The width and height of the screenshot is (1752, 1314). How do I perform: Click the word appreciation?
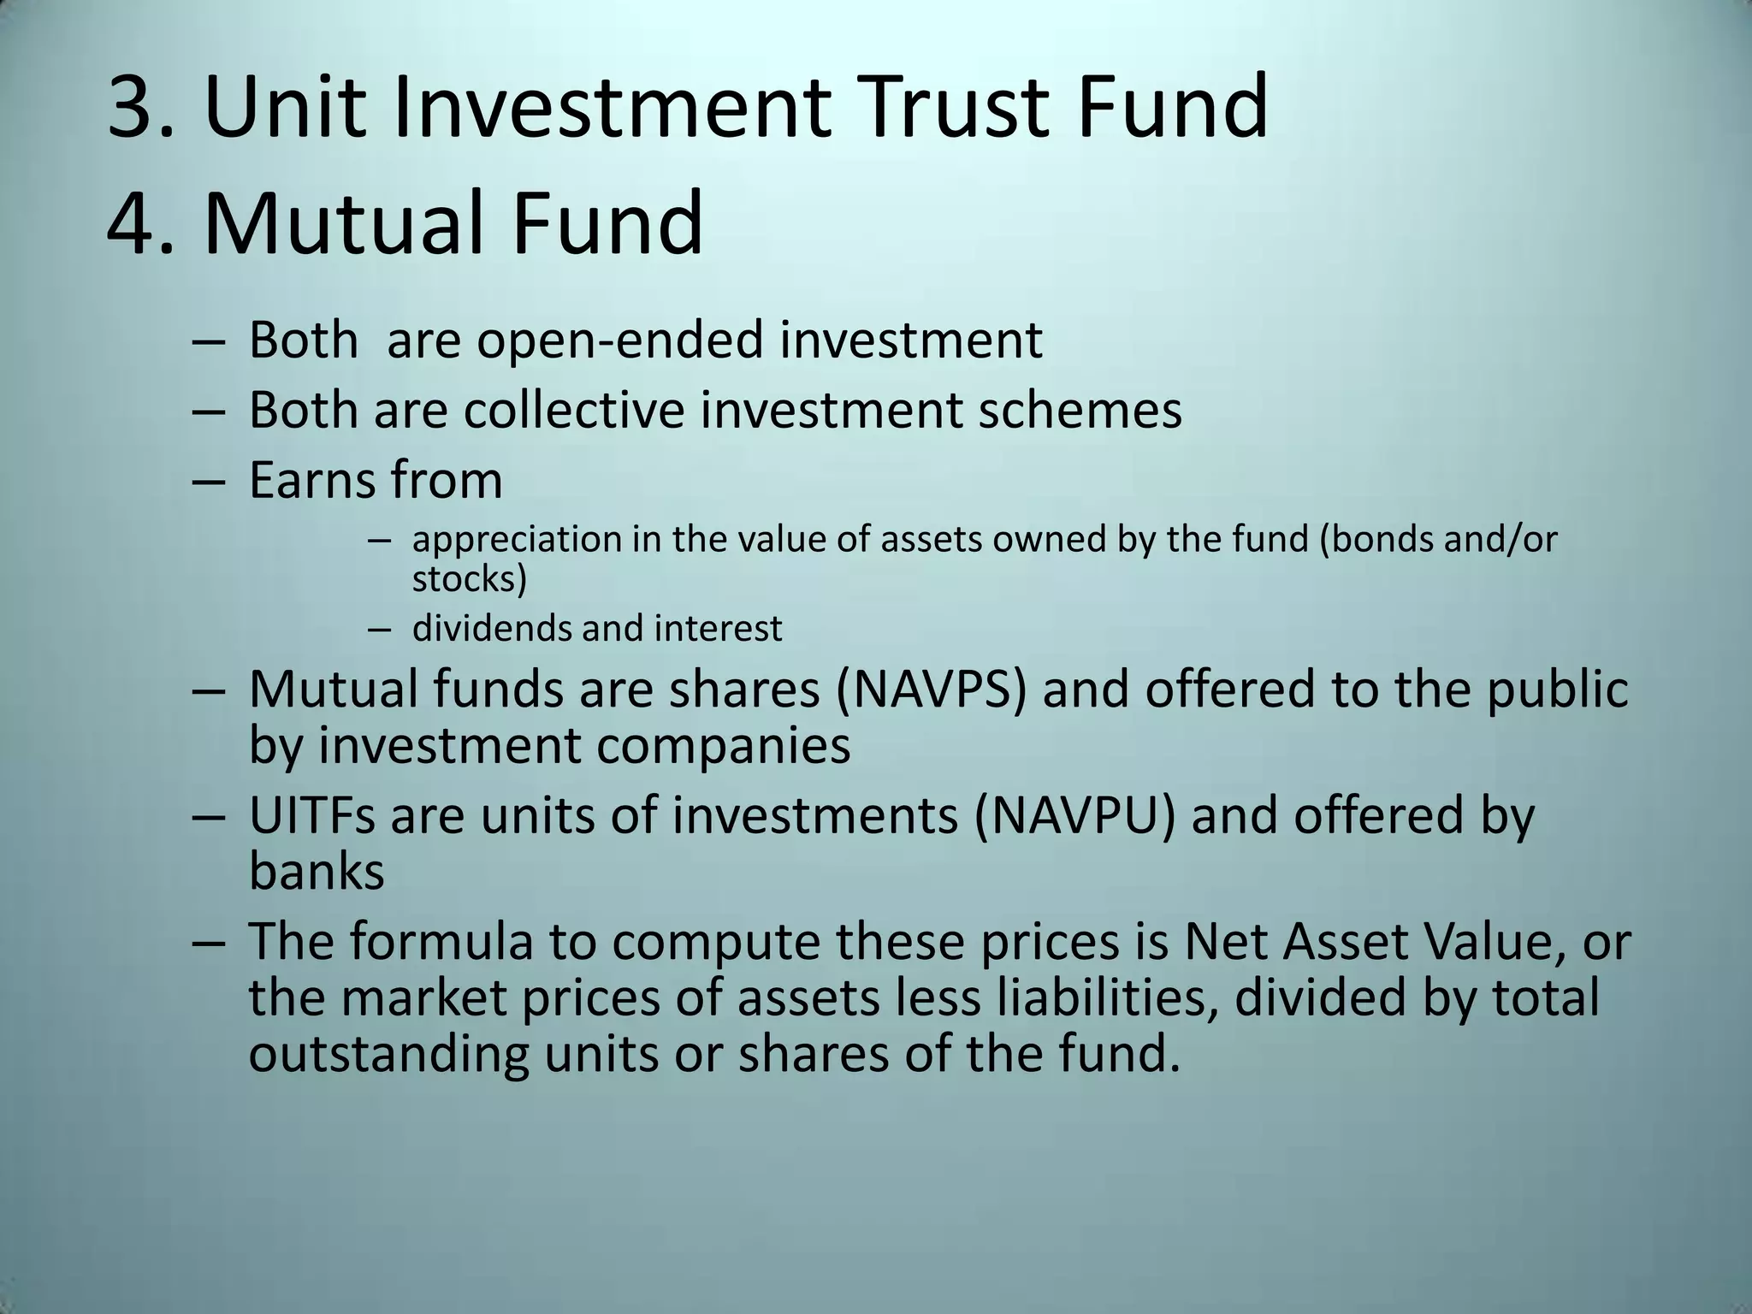coord(517,540)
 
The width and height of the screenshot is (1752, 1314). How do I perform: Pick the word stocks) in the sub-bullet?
coord(470,579)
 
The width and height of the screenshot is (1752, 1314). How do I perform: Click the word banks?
coord(317,872)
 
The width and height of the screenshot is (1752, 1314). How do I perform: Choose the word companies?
coord(723,746)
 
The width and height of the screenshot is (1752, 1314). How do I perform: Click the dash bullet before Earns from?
coord(208,482)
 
